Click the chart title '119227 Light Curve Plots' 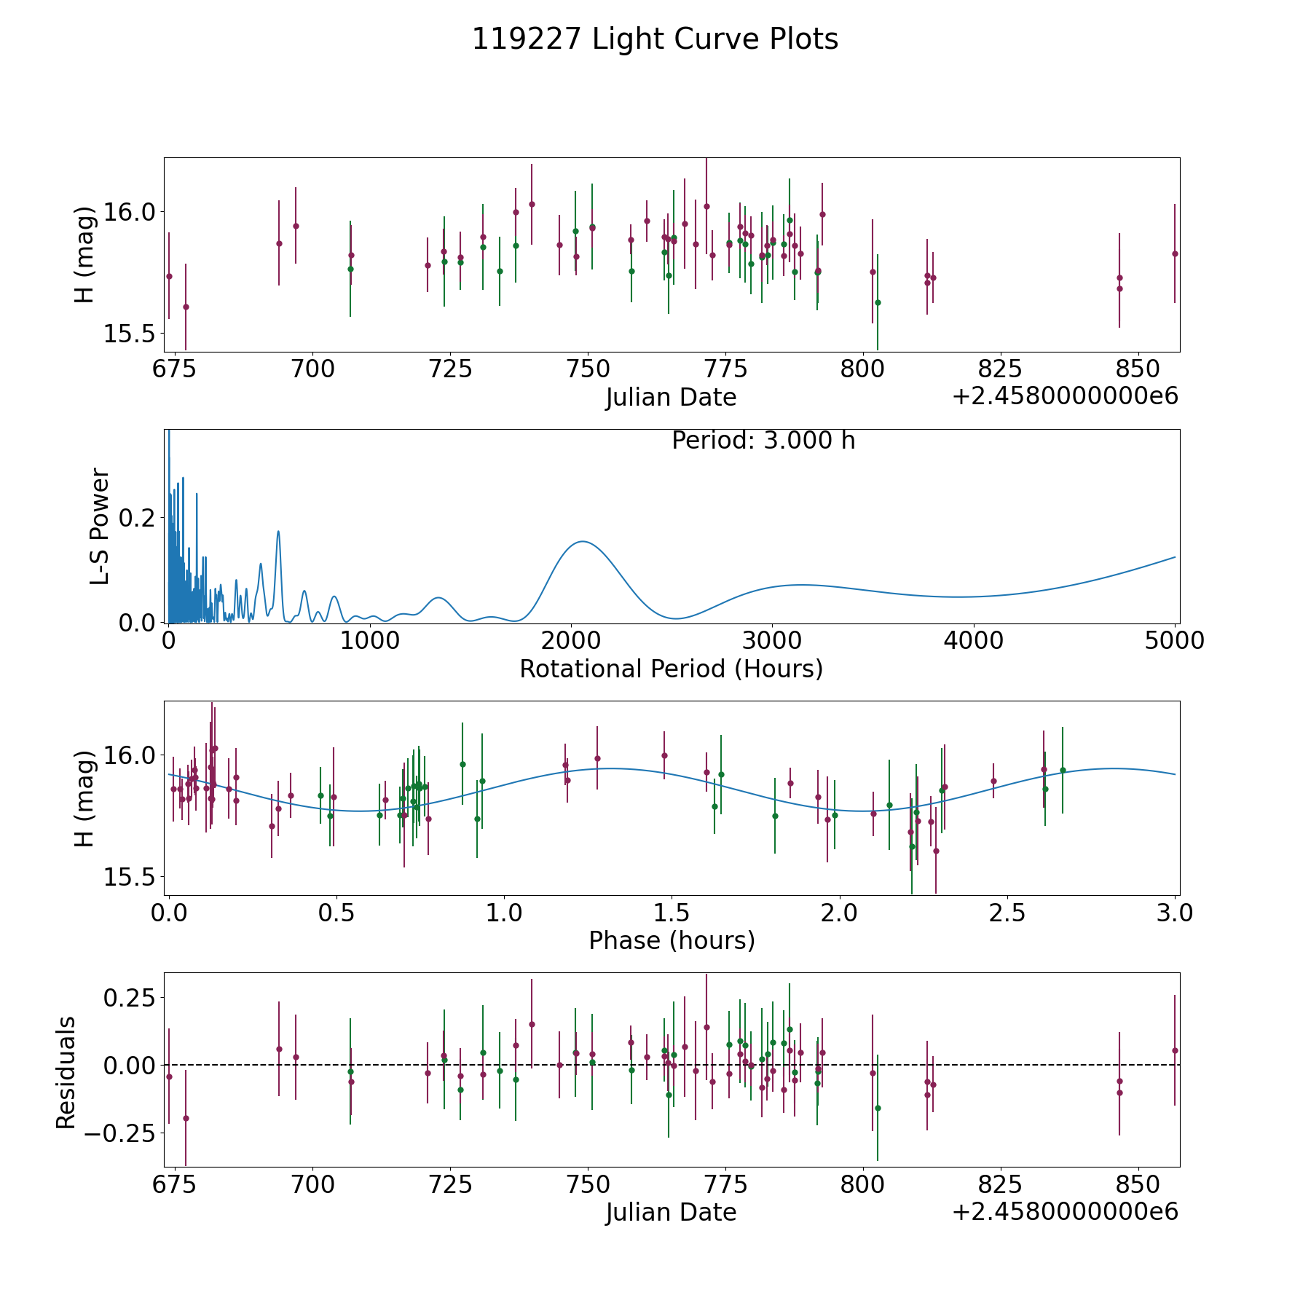[x=655, y=39]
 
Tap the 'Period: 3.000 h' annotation [x=763, y=441]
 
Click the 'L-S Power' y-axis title [x=100, y=527]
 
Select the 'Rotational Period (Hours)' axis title [x=671, y=669]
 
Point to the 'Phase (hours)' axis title [x=672, y=940]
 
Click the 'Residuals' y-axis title [x=66, y=1073]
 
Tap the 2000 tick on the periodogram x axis [x=570, y=641]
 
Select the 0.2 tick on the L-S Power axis [x=138, y=518]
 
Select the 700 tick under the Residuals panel [x=312, y=1185]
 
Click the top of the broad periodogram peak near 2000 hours [x=583, y=541]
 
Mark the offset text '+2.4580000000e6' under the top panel [x=1065, y=396]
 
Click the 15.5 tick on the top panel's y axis [x=130, y=334]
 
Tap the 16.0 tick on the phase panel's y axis [x=130, y=755]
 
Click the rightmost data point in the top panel [x=1174, y=253]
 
